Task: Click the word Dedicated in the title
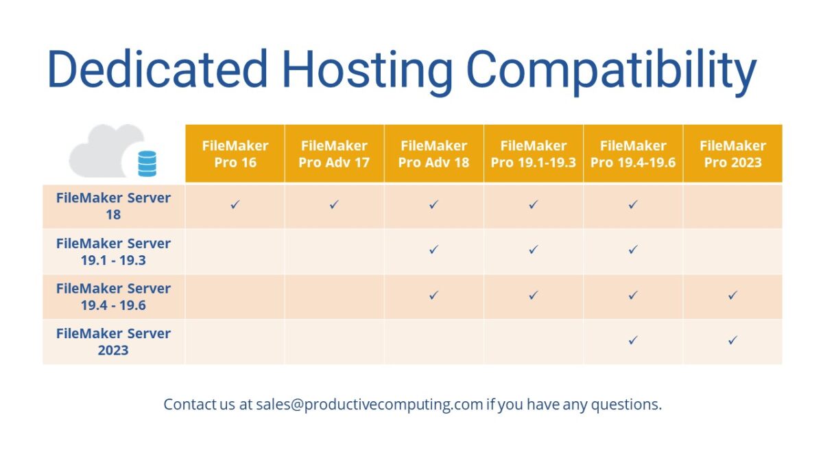coord(157,70)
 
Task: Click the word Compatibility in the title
coord(611,70)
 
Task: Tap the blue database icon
coord(147,164)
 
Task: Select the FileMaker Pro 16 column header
coord(235,154)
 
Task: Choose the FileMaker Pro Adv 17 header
coord(334,154)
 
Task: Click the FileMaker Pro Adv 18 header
coord(433,154)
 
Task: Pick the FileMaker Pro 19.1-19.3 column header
coord(534,154)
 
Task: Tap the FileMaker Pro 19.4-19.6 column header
coord(633,154)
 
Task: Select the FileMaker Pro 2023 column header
coord(732,154)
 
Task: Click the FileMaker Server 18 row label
coord(113,206)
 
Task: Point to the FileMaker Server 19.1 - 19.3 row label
coord(113,251)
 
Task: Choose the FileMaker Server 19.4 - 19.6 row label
coord(113,296)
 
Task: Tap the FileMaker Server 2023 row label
coord(113,342)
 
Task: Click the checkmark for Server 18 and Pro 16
coord(235,204)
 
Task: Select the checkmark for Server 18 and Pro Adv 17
coord(334,204)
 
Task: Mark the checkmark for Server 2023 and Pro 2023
coord(732,340)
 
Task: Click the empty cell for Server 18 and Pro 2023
coord(732,206)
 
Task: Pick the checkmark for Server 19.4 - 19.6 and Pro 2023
coord(732,295)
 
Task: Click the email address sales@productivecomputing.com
coord(370,405)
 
